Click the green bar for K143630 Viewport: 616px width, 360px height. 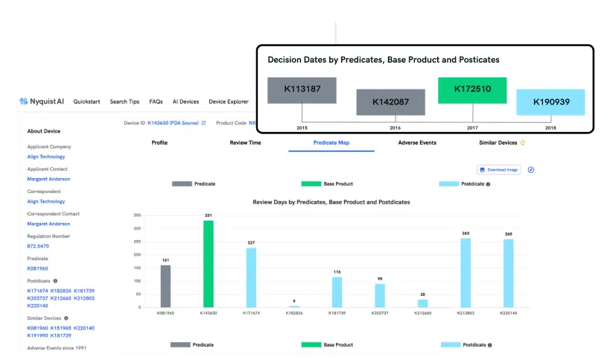pyautogui.click(x=209, y=264)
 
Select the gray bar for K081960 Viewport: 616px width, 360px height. pyautogui.click(x=165, y=286)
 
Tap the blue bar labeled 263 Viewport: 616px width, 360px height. pyautogui.click(x=466, y=273)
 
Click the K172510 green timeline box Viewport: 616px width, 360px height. pyautogui.click(x=472, y=89)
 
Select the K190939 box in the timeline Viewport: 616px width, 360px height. pyautogui.click(x=550, y=101)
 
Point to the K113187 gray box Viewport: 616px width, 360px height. pyautogui.click(x=302, y=89)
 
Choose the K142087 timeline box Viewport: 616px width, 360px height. pyautogui.click(x=390, y=102)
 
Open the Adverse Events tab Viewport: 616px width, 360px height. pyautogui.click(x=417, y=142)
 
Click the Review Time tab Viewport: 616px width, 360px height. pyautogui.click(x=245, y=142)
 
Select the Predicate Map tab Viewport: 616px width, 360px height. pyautogui.click(x=331, y=142)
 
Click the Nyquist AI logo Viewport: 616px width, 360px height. pyautogui.click(x=43, y=101)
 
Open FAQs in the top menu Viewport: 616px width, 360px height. pyautogui.click(x=156, y=101)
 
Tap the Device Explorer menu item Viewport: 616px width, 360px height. pyautogui.click(x=228, y=101)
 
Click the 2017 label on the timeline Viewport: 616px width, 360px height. pyautogui.click(x=472, y=128)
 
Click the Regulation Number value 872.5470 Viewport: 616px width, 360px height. pyautogui.click(x=39, y=245)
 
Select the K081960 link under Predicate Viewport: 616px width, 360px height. pyautogui.click(x=39, y=268)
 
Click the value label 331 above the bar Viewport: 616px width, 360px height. pyautogui.click(x=209, y=215)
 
